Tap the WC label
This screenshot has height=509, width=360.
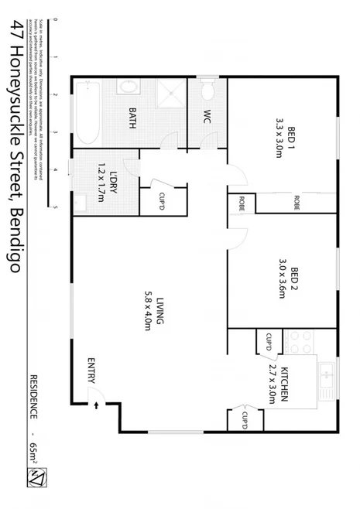tap(207, 118)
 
